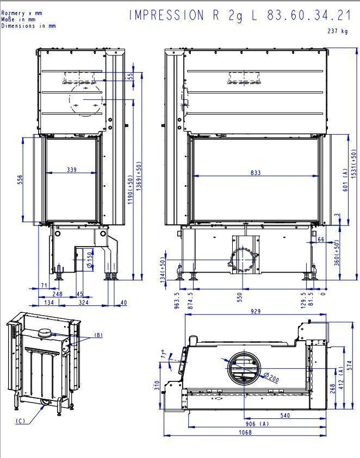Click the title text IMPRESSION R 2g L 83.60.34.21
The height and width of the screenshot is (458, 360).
coord(239,15)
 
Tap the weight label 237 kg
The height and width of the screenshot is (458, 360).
coord(338,30)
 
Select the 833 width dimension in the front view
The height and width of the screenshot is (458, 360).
coord(255,172)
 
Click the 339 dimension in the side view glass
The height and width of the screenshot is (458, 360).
coord(72,170)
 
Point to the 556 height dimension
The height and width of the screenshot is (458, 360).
coord(20,179)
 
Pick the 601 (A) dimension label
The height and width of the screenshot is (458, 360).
coord(345,180)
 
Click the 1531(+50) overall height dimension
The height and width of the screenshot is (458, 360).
coord(354,164)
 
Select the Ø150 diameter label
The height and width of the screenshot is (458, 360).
coord(90,260)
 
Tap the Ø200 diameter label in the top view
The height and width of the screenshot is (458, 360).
coord(271,377)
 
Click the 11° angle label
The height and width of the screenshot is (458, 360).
coord(165,354)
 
